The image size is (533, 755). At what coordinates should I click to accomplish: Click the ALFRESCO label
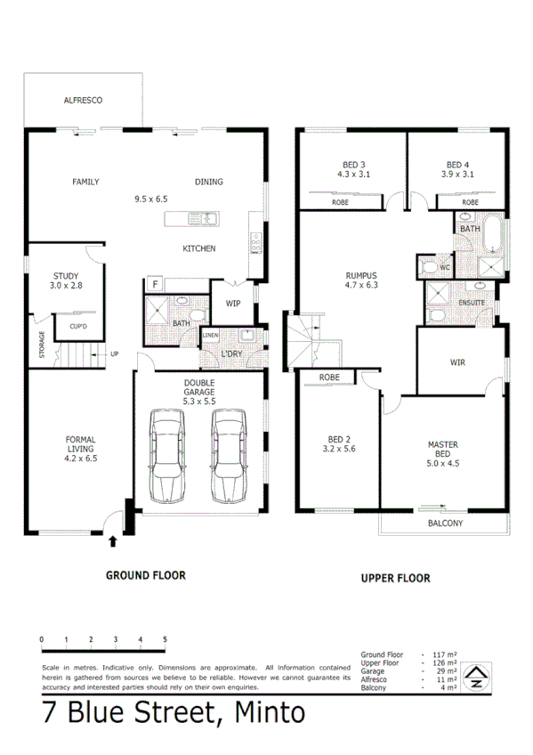click(x=83, y=101)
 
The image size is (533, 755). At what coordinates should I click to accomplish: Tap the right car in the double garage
click(x=228, y=456)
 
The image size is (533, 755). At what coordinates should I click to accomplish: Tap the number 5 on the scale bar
click(x=165, y=639)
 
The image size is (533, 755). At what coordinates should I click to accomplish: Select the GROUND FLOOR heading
click(x=146, y=575)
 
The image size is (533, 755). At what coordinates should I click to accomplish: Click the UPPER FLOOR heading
click(x=395, y=578)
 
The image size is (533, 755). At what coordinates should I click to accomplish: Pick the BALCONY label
click(x=445, y=524)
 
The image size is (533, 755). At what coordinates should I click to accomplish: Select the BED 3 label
click(x=353, y=165)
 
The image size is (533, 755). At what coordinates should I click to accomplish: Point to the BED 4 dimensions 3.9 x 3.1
click(x=457, y=175)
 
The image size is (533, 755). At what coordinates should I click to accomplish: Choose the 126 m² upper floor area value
click(x=443, y=663)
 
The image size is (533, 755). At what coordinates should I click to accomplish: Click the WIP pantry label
click(x=232, y=304)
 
